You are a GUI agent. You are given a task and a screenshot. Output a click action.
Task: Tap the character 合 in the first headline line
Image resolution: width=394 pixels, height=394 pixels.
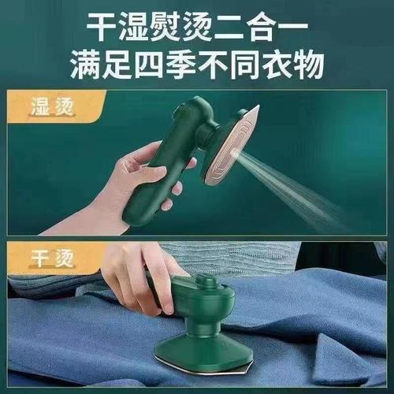(262, 27)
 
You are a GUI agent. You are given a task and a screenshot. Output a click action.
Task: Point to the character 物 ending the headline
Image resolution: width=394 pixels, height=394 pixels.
(310, 65)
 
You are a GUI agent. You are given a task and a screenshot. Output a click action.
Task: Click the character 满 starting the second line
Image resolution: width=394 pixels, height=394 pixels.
(86, 65)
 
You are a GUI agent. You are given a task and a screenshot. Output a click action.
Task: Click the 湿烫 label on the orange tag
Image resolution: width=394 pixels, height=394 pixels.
(52, 107)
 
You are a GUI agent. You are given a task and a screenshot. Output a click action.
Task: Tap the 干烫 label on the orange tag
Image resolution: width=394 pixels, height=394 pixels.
(52, 258)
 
